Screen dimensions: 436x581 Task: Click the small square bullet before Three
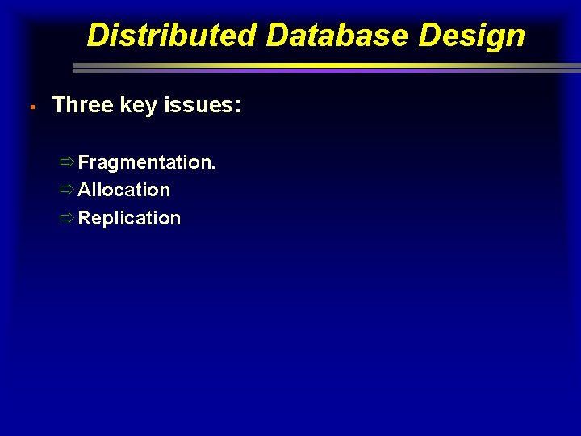[29, 107]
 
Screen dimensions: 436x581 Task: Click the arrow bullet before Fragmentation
[67, 162]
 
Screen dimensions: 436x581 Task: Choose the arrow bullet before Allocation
[67, 190]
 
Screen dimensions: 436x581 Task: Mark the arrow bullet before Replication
[67, 218]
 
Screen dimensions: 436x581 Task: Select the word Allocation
[124, 190]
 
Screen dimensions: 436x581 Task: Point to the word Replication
[130, 218]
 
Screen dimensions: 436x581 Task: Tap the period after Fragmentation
[213, 168]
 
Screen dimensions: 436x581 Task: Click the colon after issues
[237, 107]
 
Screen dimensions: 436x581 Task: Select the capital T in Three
[58, 105]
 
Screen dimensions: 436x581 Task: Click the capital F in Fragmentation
[83, 162]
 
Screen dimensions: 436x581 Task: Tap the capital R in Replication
[85, 218]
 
